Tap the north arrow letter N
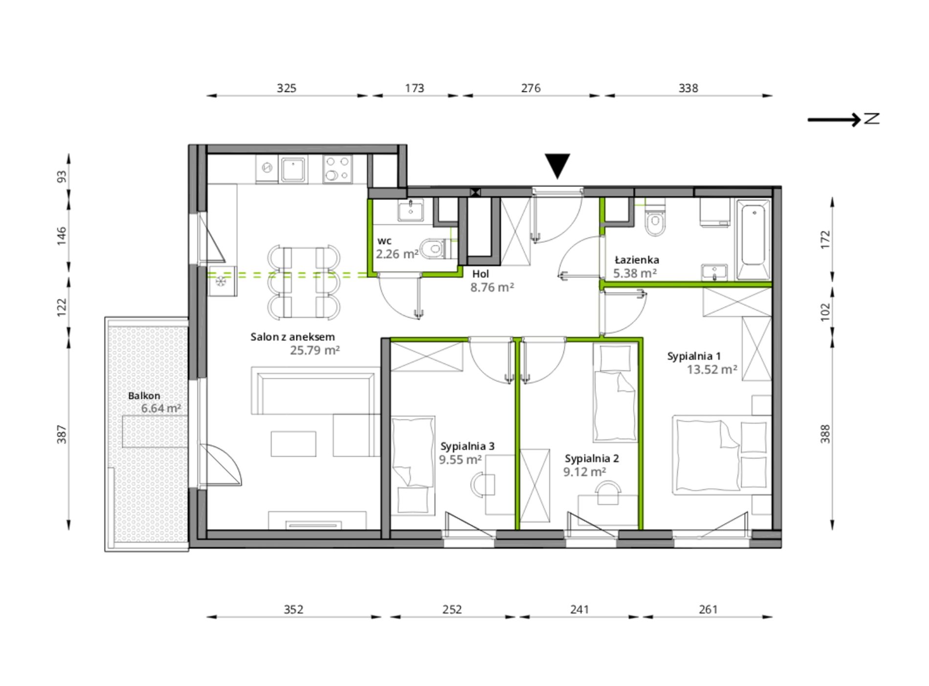point(872,118)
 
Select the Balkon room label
point(144,396)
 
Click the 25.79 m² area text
point(314,350)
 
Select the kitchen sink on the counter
point(293,169)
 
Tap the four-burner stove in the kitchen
point(337,169)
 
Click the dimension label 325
point(287,88)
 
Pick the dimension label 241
point(579,609)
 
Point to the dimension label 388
point(825,434)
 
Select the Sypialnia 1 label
point(694,356)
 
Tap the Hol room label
point(481,274)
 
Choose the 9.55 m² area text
point(460,459)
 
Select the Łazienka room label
point(637,260)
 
